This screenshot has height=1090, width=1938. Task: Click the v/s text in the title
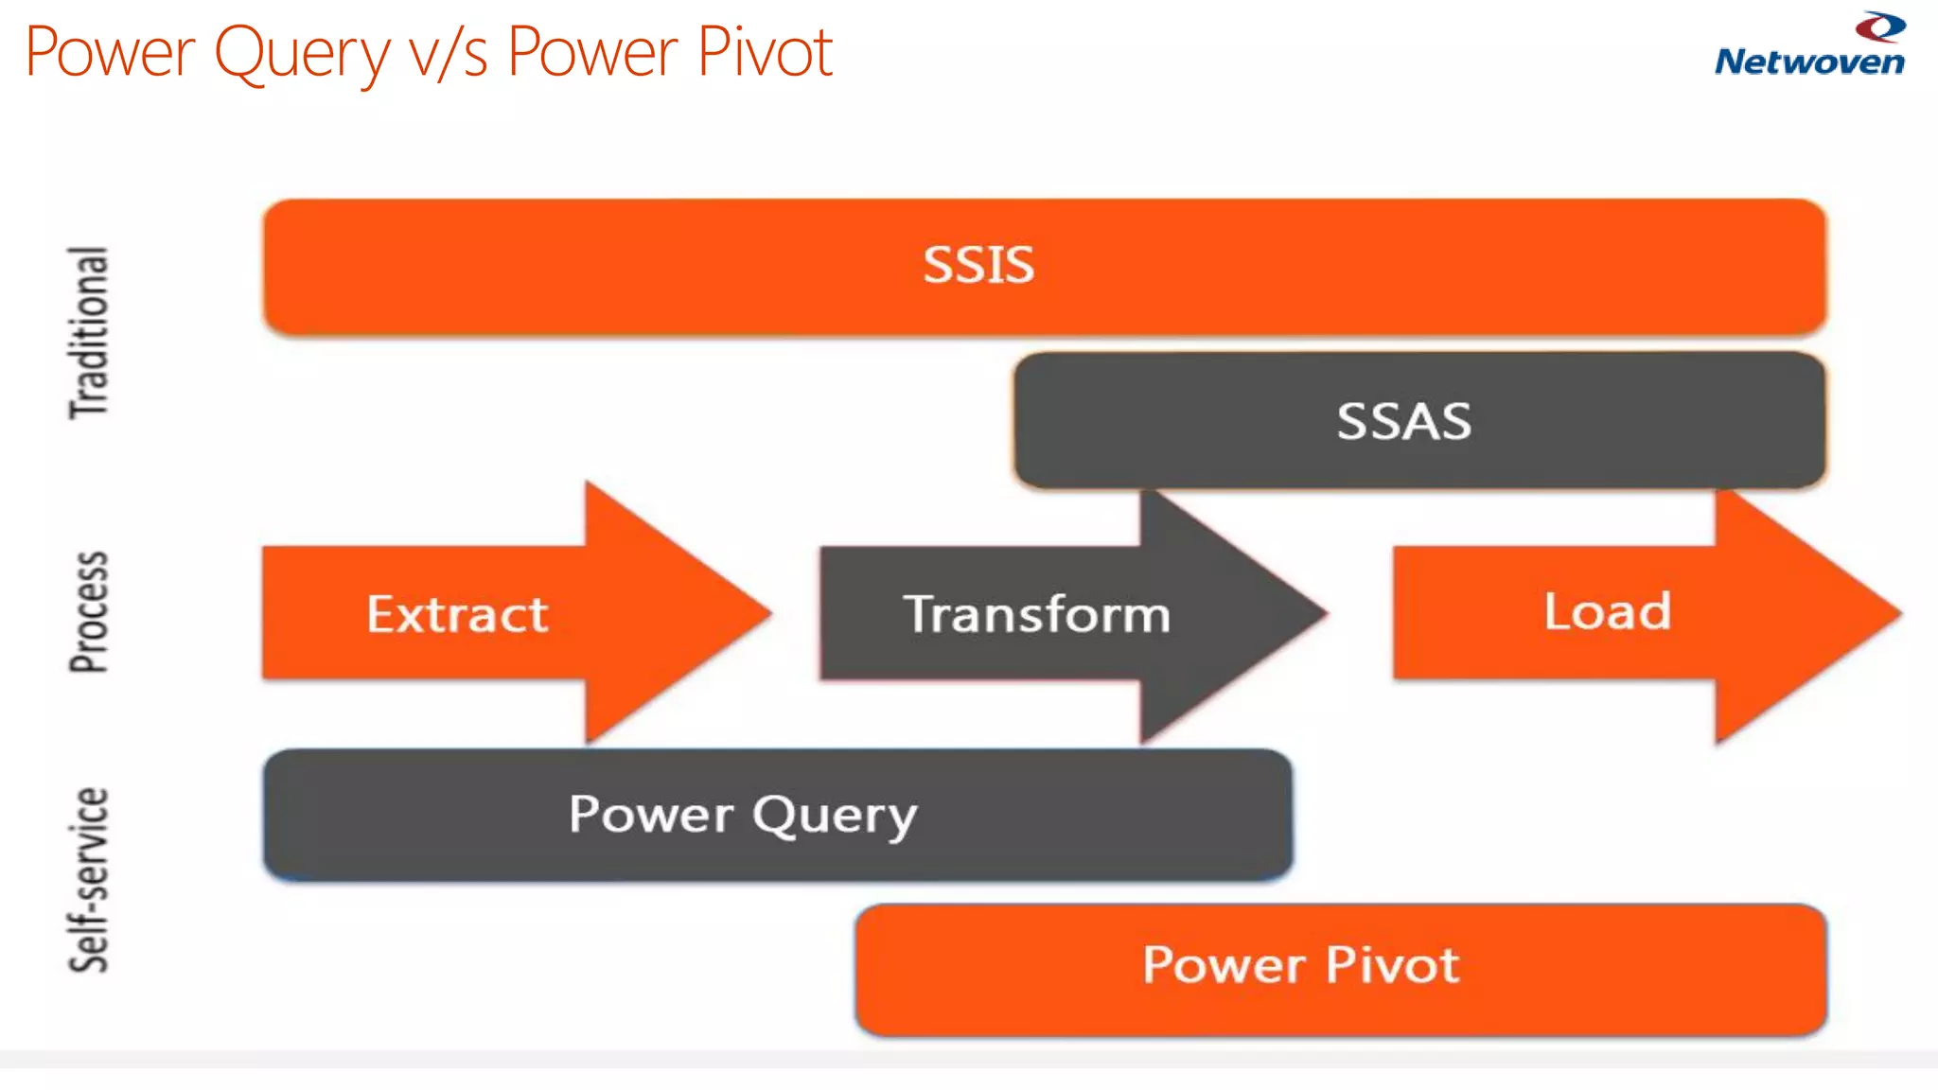pyautogui.click(x=448, y=53)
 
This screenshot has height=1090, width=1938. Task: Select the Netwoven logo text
pyautogui.click(x=1809, y=62)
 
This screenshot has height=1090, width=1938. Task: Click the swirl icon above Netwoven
pyautogui.click(x=1880, y=26)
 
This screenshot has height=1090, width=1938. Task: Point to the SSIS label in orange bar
pyautogui.click(x=978, y=265)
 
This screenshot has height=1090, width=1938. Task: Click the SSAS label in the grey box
pyautogui.click(x=1404, y=422)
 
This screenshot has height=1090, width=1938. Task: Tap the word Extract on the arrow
pyautogui.click(x=457, y=615)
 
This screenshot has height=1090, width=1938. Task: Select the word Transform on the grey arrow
pyautogui.click(x=1037, y=615)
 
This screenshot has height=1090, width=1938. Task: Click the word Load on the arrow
pyautogui.click(x=1607, y=611)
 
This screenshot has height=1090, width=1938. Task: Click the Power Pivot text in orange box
pyautogui.click(x=1301, y=965)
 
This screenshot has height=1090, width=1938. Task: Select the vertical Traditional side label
pyautogui.click(x=89, y=333)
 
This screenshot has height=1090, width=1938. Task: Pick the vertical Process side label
pyautogui.click(x=89, y=612)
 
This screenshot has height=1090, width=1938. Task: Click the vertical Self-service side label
pyautogui.click(x=89, y=880)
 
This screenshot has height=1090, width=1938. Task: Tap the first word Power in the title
pyautogui.click(x=110, y=53)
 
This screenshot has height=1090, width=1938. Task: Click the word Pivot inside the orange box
pyautogui.click(x=1392, y=965)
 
